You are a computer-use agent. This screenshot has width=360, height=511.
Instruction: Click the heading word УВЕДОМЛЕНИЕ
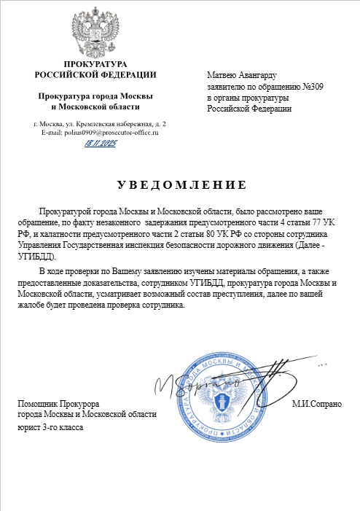(x=179, y=184)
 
